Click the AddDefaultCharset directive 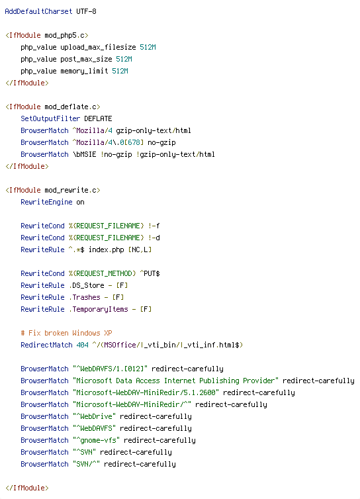point(38,11)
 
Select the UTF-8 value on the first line point(86,11)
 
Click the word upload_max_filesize point(99,48)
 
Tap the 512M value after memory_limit point(120,71)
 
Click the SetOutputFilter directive point(50,118)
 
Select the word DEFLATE point(98,118)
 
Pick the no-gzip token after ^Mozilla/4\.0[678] point(161,142)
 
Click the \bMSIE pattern point(84,154)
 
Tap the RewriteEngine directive point(46,202)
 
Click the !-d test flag point(154,238)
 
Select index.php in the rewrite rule point(106,250)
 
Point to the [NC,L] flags point(140,250)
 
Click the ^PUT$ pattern point(150,274)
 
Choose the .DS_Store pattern point(86,285)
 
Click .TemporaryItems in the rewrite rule point(99,309)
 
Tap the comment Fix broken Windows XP point(66,333)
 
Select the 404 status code point(82,345)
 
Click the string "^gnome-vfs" point(96,441)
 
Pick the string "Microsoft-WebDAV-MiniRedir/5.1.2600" point(146,392)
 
